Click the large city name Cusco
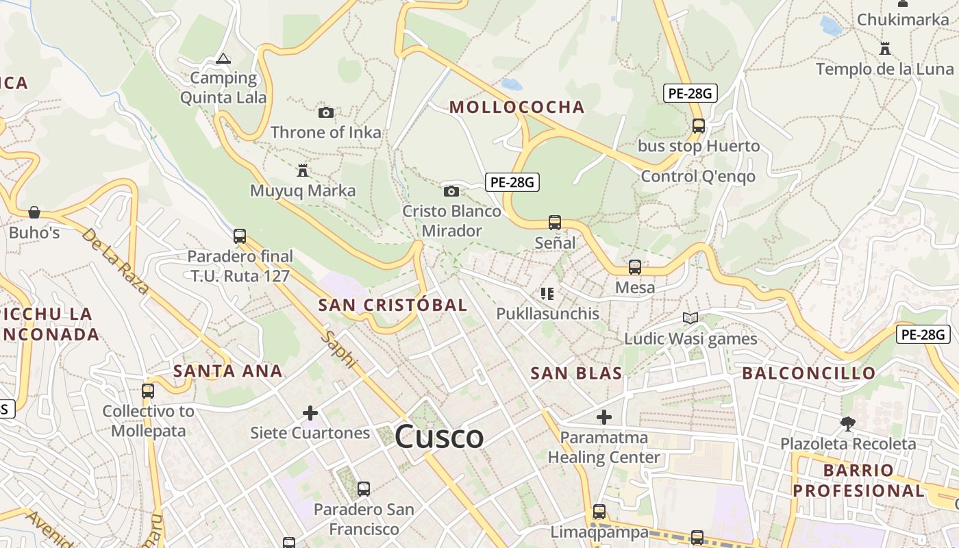[x=439, y=436]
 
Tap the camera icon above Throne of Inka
[x=326, y=112]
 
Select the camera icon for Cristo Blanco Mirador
[x=451, y=191]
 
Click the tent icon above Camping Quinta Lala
[x=223, y=58]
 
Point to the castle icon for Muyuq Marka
[x=302, y=170]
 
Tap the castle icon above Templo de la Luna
[x=884, y=49]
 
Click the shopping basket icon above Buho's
[x=34, y=212]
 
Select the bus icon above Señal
[x=555, y=223]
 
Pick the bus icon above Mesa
[x=635, y=267]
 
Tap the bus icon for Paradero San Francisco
[x=364, y=489]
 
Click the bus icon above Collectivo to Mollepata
[x=148, y=391]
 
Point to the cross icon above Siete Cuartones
[x=310, y=413]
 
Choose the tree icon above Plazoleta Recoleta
[x=848, y=424]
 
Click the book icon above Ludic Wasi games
[x=690, y=318]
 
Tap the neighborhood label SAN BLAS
[x=576, y=373]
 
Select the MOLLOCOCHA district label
[x=517, y=107]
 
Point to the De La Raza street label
[x=115, y=261]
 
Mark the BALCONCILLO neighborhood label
[x=808, y=373]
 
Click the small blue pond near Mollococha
[x=511, y=85]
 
